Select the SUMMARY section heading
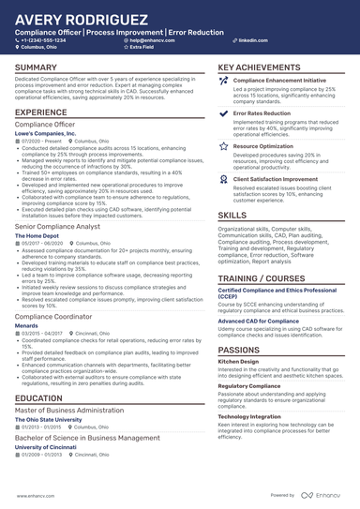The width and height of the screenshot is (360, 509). (36, 68)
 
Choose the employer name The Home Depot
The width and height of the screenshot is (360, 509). (38, 234)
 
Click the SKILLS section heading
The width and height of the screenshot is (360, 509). (232, 215)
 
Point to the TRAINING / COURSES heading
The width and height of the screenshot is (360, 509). (261, 279)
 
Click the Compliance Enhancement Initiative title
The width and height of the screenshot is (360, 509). (279, 82)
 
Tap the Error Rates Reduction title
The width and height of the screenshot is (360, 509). (262, 112)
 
